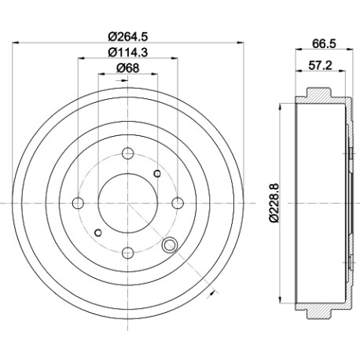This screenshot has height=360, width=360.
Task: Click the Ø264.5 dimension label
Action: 128,36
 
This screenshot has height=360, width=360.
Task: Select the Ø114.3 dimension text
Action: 128,53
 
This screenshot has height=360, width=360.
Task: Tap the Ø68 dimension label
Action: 128,68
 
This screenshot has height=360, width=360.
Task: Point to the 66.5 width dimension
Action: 324,43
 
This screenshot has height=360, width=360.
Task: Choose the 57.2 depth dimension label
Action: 320,65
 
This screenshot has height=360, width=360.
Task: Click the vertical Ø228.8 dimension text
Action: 274,203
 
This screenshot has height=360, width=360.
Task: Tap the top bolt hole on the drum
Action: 128,153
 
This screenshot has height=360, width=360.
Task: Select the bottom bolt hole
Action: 128,253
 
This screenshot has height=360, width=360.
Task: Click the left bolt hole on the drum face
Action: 78,203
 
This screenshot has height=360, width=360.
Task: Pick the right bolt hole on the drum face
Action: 178,203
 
